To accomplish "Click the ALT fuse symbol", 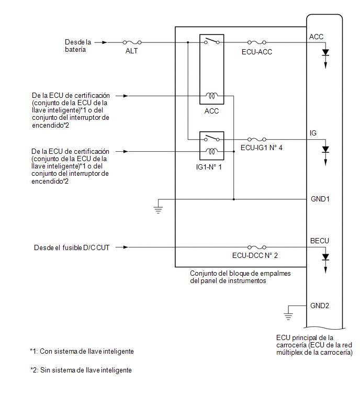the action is coord(132,42).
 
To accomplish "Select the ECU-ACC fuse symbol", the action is coord(257,42).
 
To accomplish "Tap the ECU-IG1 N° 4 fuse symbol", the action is coord(257,139).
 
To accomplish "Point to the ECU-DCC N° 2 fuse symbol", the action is coord(257,247).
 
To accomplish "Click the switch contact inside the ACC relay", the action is coord(211,41).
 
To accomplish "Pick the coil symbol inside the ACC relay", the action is coord(211,95).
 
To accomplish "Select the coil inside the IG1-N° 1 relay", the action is coord(211,151).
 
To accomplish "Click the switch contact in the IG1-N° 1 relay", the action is coord(211,138).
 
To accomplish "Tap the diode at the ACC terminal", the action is coord(325,52).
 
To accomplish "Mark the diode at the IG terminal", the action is coord(325,150).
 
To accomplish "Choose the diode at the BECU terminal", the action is coord(325,257).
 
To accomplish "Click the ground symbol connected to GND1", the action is coord(158,210).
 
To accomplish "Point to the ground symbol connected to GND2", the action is coord(288,317).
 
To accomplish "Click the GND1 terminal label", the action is coord(320,199).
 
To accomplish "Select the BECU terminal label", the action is coord(319,241).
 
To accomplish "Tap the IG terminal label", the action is coord(313,133).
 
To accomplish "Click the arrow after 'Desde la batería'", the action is coord(101,42).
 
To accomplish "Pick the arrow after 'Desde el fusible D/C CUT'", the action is coord(122,247).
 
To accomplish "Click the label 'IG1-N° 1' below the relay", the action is coord(209,167).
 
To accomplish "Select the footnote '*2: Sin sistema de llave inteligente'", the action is coord(81,370).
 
